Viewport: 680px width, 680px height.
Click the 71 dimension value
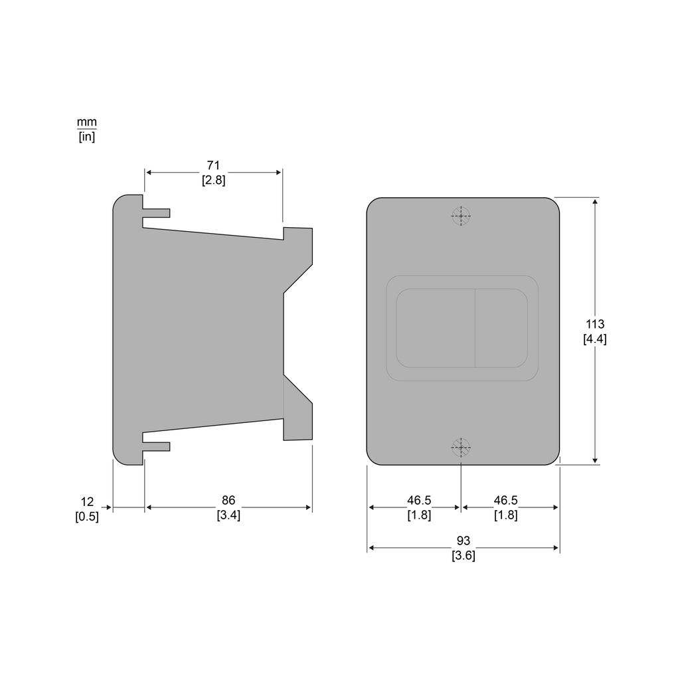213,165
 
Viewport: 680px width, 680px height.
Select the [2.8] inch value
213,180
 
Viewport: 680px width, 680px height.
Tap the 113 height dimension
594,324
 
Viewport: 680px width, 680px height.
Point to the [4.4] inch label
594,339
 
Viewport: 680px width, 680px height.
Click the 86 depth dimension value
228,500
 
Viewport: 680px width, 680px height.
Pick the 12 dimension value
87,501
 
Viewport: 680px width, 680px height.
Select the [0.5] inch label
87,516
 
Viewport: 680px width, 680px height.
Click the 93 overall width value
463,541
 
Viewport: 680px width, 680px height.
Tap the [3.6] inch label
463,556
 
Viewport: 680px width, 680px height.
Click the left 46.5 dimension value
418,500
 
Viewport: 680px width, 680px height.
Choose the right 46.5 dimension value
505,500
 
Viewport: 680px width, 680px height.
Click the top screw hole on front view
461,216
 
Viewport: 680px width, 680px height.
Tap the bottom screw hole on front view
461,447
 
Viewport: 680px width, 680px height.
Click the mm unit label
86,122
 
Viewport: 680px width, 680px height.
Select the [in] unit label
86,137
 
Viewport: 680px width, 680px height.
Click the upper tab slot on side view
156,213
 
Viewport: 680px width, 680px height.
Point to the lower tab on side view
156,446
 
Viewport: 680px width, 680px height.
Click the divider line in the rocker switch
475,328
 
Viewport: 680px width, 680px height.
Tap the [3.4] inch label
228,515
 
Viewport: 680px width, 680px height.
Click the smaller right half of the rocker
501,328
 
